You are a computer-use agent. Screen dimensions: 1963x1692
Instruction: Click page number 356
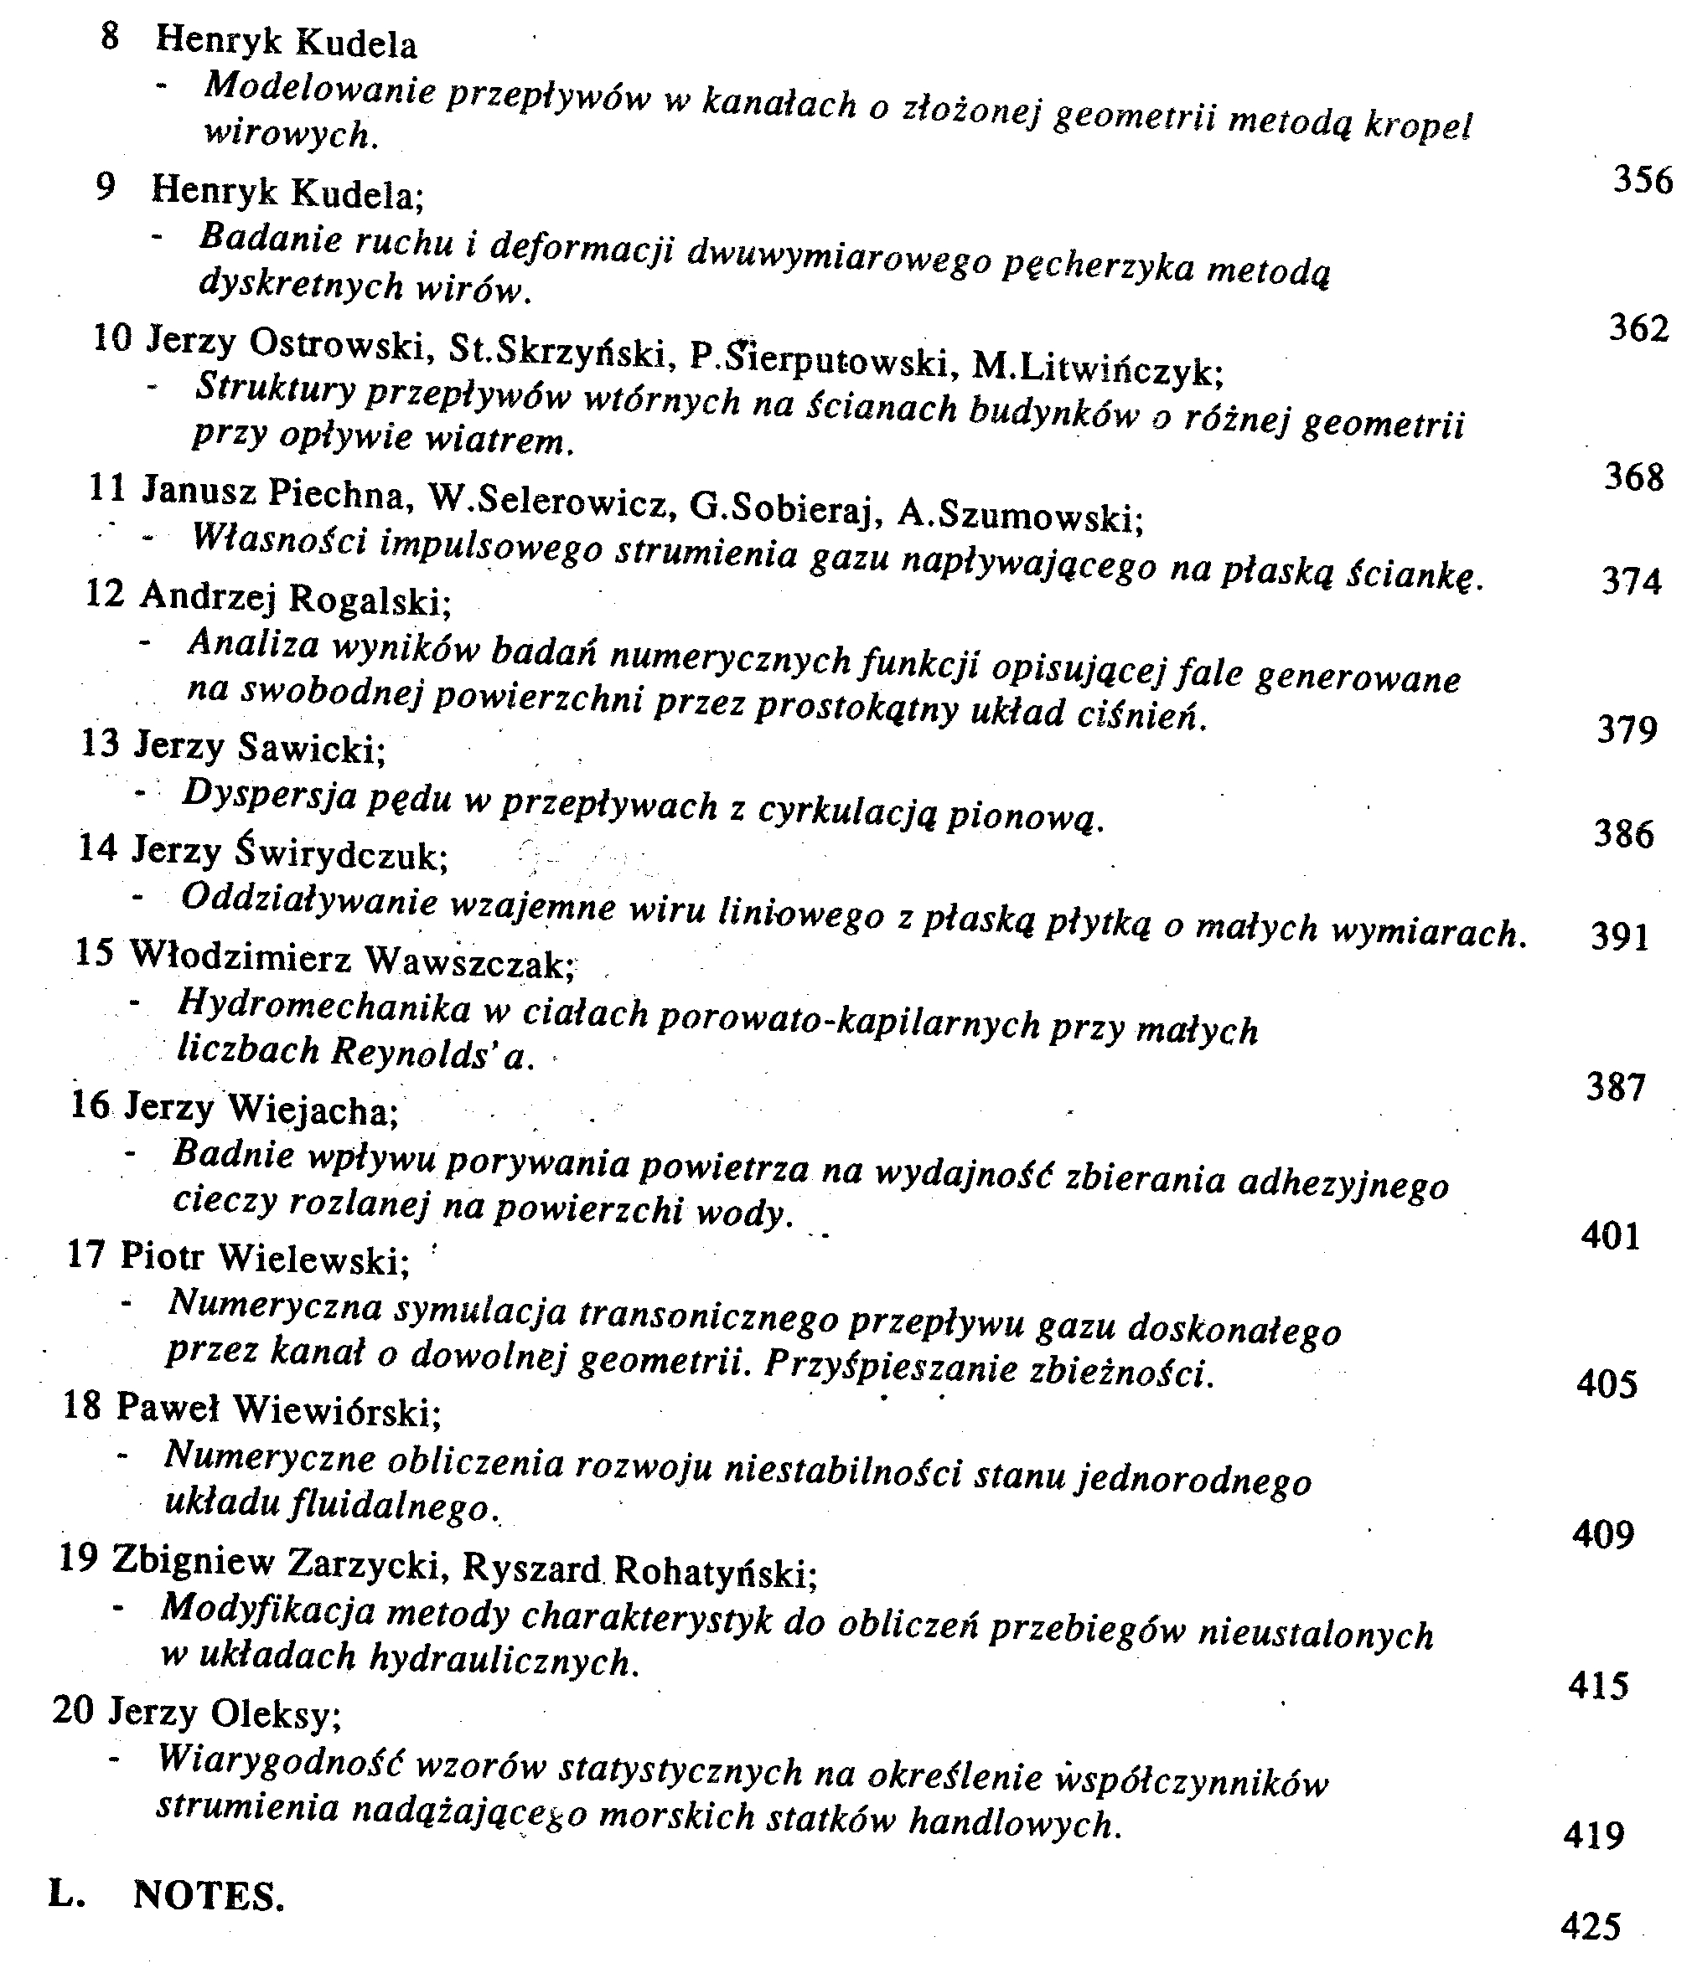(1643, 179)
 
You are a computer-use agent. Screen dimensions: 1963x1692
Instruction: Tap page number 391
(1620, 936)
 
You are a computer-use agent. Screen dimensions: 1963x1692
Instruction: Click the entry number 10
(111, 337)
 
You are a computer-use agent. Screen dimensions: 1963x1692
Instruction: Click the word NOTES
(209, 1895)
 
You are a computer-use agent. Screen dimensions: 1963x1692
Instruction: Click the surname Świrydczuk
(341, 853)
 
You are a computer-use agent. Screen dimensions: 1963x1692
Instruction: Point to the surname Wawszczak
(470, 964)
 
